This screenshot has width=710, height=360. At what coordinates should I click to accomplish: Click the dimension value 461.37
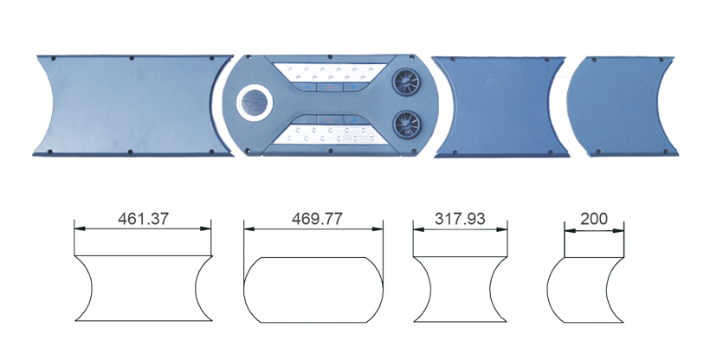click(x=143, y=219)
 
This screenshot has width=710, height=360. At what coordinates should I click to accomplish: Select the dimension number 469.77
click(x=317, y=219)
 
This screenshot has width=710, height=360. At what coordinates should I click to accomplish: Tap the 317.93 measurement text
click(x=460, y=219)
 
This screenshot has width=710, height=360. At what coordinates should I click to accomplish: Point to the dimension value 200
click(x=594, y=219)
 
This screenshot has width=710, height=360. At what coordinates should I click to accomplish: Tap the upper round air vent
click(x=405, y=82)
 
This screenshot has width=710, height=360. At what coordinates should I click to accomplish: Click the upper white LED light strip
click(x=330, y=73)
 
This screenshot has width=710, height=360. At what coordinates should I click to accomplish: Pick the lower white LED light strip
click(x=330, y=134)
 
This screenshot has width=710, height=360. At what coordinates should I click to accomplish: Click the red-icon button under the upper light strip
click(x=330, y=87)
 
